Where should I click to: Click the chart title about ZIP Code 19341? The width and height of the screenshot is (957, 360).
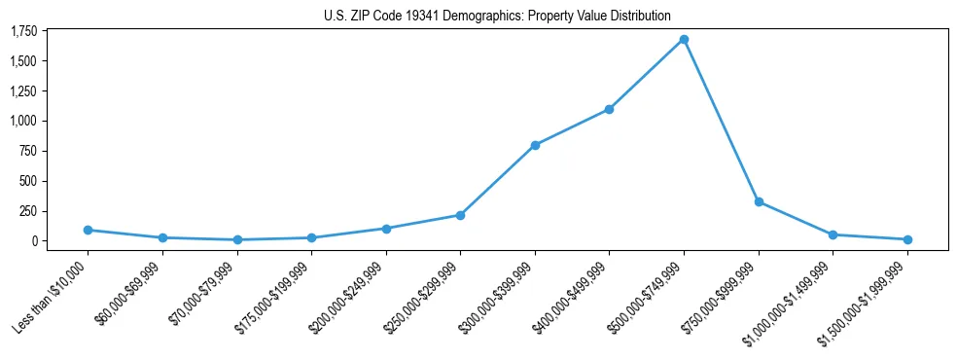[497, 16]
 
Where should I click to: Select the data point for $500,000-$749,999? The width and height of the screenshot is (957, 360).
[684, 40]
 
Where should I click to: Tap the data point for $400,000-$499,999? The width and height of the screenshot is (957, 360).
[609, 109]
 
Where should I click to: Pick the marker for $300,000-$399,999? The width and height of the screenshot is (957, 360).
[535, 145]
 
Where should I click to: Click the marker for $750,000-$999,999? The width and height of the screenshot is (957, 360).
[759, 202]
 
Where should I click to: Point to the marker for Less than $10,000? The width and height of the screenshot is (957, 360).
[88, 230]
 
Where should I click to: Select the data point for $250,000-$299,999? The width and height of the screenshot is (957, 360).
[460, 215]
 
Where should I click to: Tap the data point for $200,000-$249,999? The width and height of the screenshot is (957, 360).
[386, 229]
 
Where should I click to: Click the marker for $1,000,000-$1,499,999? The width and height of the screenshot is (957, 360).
[833, 234]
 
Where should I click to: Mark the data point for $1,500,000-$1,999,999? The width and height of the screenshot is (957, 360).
[907, 239]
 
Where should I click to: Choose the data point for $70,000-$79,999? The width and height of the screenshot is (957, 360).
[237, 239]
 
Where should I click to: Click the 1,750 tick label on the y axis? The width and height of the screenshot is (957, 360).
[23, 31]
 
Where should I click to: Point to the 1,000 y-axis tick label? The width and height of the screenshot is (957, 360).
[23, 121]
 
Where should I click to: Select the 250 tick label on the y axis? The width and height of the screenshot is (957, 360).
[28, 211]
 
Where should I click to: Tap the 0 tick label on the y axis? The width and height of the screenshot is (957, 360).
[34, 241]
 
